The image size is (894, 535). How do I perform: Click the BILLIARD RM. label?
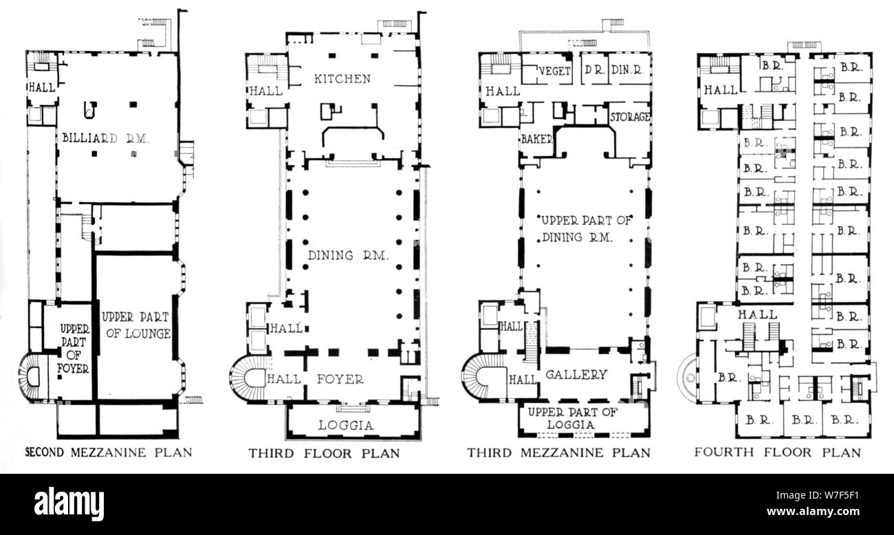click(x=106, y=138)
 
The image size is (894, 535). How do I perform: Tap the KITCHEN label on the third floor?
click(x=342, y=79)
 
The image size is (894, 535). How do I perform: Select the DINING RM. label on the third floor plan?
click(x=348, y=255)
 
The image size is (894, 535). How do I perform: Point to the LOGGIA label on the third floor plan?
click(x=346, y=425)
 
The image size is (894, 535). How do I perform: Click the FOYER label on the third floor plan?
click(x=340, y=379)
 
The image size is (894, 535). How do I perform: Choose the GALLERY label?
click(x=576, y=374)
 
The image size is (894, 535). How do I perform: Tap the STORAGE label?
click(x=630, y=117)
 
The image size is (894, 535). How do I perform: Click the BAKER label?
click(x=537, y=139)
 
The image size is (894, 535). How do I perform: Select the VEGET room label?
click(x=554, y=71)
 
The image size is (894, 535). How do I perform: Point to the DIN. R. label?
click(x=627, y=70)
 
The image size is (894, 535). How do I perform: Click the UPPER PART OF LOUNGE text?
click(x=136, y=325)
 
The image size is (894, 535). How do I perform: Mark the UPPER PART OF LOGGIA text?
click(x=572, y=417)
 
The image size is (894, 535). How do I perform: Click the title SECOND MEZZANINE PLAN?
click(x=109, y=452)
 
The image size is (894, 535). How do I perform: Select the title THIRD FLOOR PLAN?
click(x=324, y=453)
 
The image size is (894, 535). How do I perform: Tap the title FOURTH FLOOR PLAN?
click(x=778, y=452)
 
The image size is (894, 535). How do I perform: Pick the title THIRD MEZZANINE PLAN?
click(x=558, y=452)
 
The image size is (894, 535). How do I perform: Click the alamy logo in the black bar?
click(x=69, y=503)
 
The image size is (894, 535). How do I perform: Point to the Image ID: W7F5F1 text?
click(x=818, y=495)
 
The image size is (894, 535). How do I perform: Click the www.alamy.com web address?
click(x=814, y=511)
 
